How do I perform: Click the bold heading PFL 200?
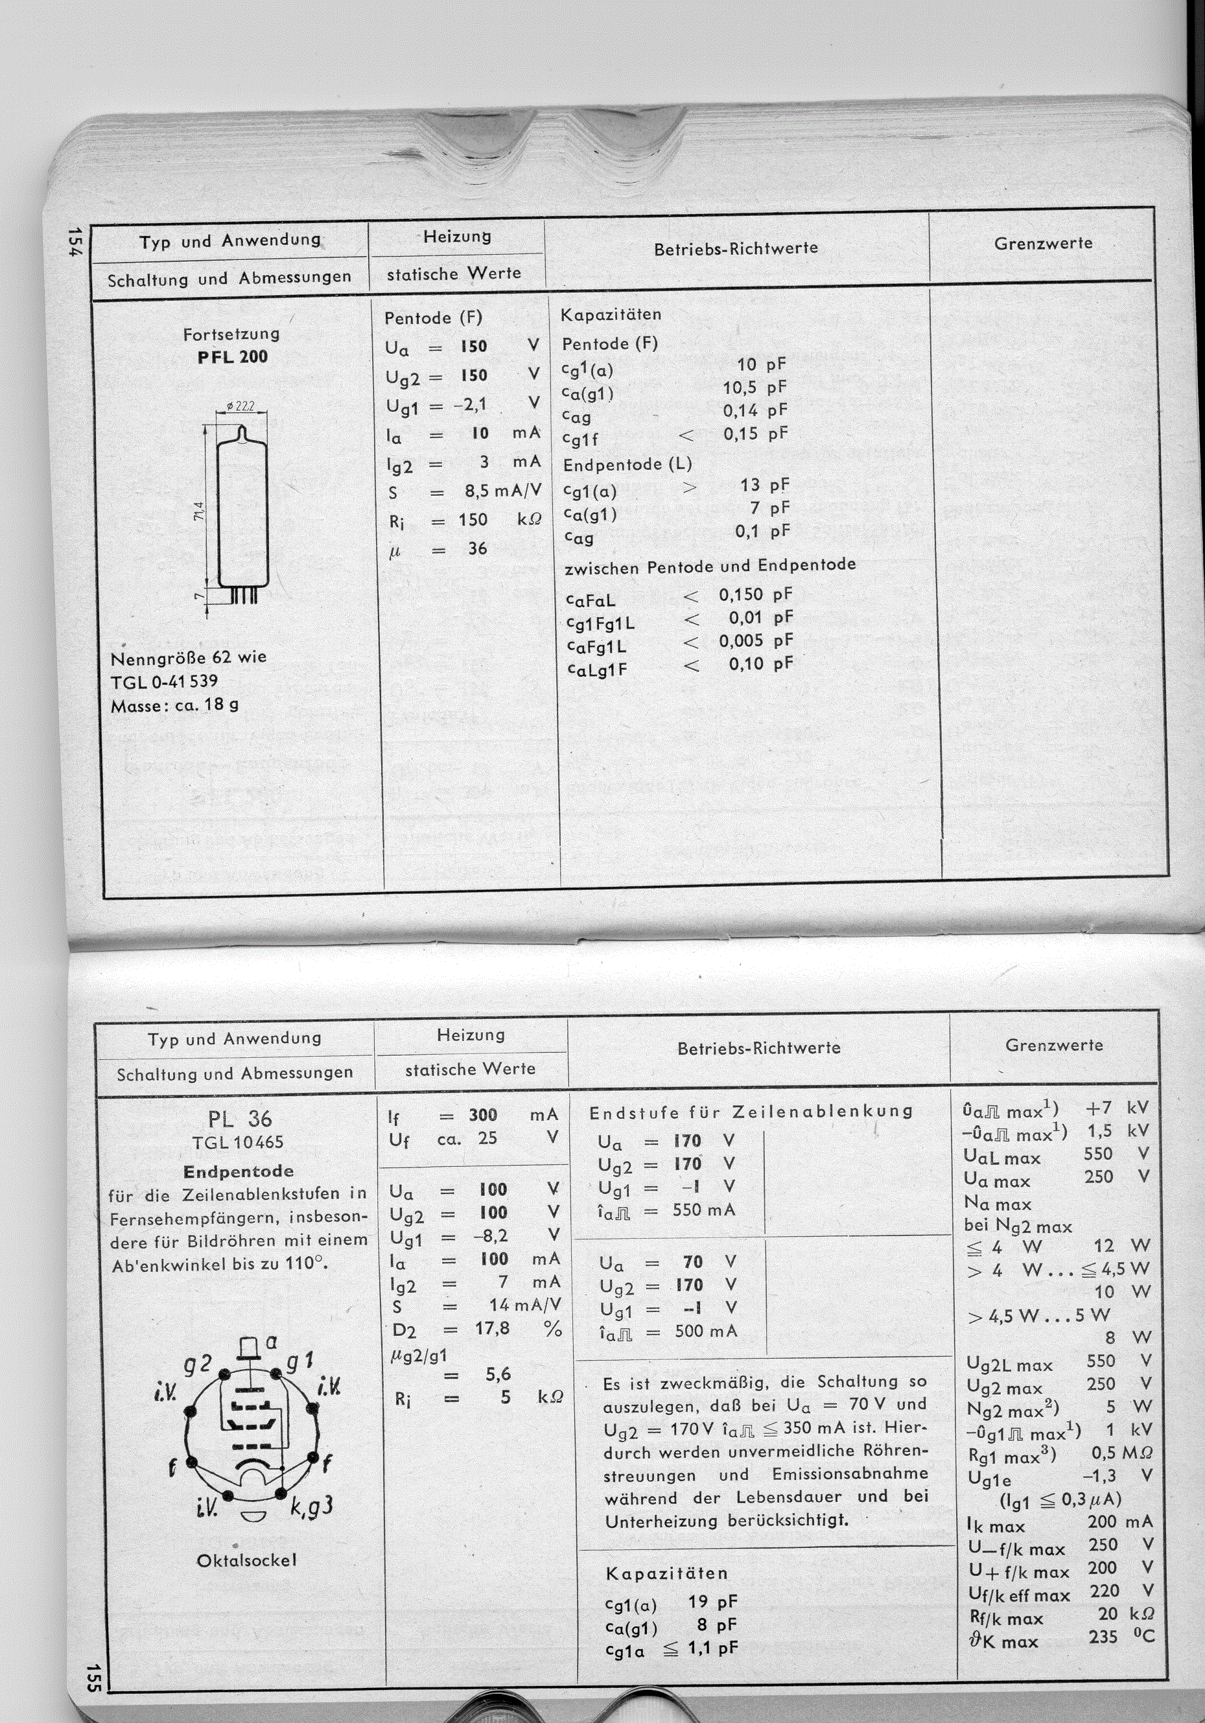(x=233, y=357)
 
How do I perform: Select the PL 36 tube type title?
(x=239, y=1119)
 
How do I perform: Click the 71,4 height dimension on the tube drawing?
(x=198, y=514)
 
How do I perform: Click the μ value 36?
(x=478, y=548)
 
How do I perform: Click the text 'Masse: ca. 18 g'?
(x=175, y=705)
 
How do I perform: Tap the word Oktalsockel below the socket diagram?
(x=247, y=1560)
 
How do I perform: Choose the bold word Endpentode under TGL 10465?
(x=239, y=1171)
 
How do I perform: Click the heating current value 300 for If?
(x=483, y=1115)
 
